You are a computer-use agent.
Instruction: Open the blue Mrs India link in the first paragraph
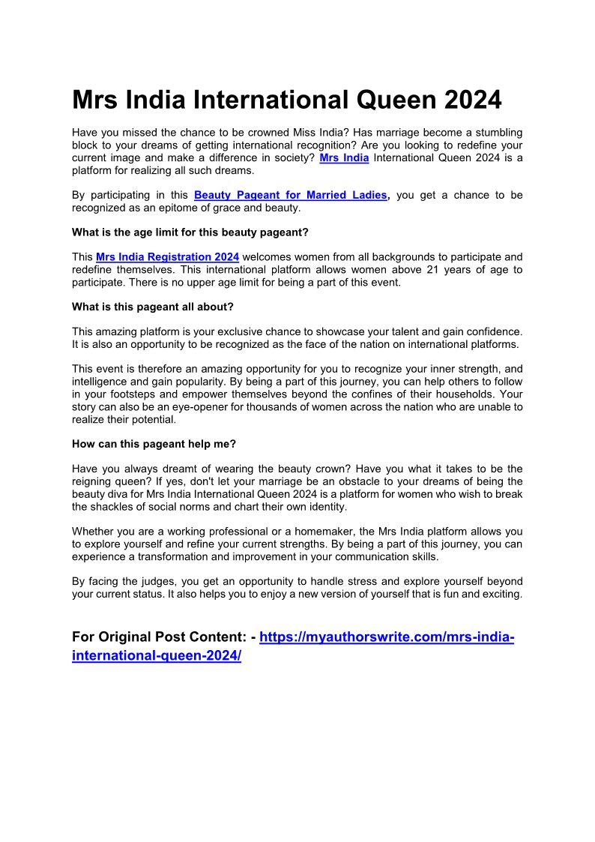pos(344,158)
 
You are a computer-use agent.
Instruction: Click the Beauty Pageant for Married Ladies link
pos(291,195)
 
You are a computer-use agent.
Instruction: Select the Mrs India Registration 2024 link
pos(167,257)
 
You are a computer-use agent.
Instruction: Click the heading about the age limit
pos(190,232)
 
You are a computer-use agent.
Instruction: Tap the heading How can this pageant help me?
pos(154,443)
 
